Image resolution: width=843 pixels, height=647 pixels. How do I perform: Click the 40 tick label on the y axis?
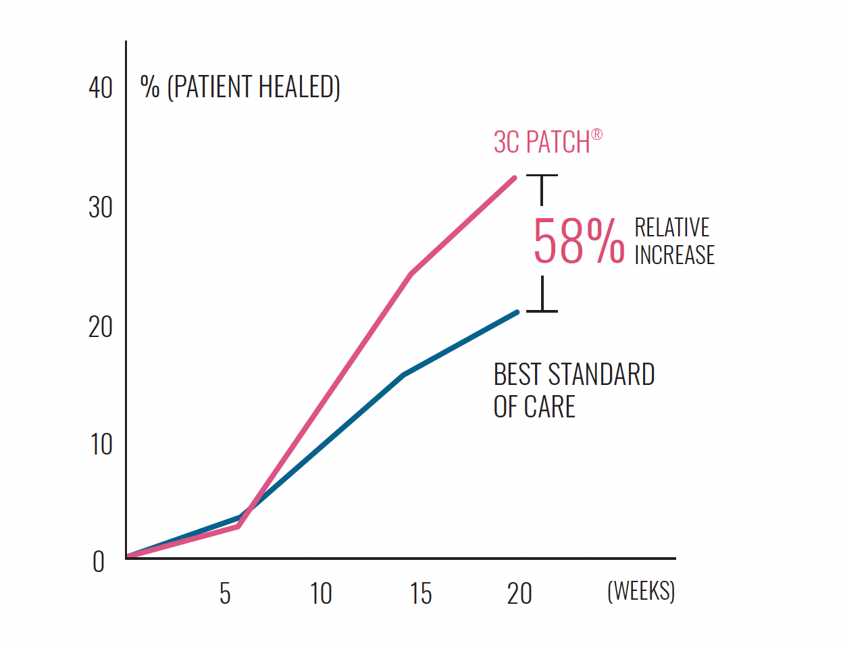click(x=101, y=88)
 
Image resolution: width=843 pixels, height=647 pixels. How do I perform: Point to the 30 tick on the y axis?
click(x=101, y=207)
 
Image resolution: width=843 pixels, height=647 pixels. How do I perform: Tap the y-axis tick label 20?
click(x=101, y=327)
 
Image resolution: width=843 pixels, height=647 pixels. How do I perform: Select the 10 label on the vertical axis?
click(x=101, y=444)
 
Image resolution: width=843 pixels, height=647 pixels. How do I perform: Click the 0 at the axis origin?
click(x=99, y=562)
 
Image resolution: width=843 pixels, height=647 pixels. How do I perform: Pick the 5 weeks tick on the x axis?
click(x=225, y=594)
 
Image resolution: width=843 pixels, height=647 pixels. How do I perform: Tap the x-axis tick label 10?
click(x=321, y=594)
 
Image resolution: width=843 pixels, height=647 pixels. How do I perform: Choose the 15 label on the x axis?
click(x=420, y=594)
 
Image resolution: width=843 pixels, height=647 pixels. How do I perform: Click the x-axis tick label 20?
click(x=519, y=594)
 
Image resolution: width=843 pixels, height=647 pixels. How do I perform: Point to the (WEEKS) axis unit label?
click(x=640, y=591)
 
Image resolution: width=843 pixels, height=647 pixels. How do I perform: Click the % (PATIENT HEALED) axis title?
click(x=240, y=87)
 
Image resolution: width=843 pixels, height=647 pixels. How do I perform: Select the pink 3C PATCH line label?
click(x=542, y=143)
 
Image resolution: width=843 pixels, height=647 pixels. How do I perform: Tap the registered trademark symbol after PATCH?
click(x=596, y=134)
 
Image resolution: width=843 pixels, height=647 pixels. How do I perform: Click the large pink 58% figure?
click(x=578, y=241)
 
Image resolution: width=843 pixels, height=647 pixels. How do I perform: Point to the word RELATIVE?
click(x=671, y=227)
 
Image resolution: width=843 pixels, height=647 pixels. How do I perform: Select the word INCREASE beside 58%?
click(x=674, y=255)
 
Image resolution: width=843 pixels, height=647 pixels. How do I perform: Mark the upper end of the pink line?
click(x=515, y=178)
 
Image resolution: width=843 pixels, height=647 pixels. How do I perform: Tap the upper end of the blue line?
click(x=517, y=312)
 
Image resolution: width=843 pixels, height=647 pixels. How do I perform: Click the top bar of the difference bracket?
click(x=542, y=176)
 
